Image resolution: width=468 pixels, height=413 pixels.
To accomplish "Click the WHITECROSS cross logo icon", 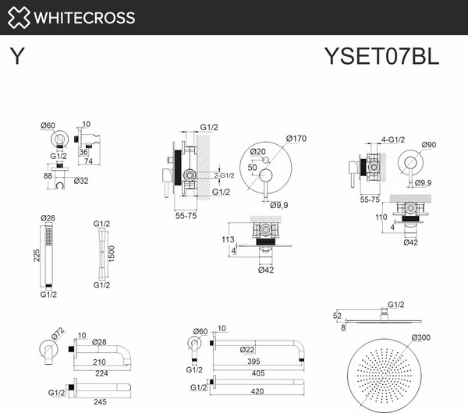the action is (19, 18).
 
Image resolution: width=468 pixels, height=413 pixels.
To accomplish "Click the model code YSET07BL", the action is (381, 56).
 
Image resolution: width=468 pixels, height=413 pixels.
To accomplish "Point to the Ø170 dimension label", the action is (296, 139).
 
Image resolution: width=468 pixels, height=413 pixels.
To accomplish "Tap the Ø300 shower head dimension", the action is (421, 337).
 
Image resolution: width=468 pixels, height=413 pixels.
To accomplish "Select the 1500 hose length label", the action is (112, 254).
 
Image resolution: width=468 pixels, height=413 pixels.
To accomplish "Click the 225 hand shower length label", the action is (37, 256).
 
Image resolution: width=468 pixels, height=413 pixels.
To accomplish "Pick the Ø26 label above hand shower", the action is (48, 218).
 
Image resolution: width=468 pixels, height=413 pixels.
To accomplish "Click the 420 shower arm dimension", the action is (257, 391).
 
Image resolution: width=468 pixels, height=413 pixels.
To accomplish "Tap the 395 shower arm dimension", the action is (254, 362).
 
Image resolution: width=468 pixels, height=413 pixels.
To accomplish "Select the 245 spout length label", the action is (100, 402).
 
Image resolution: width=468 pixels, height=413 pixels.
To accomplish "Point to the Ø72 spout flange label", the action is (58, 334).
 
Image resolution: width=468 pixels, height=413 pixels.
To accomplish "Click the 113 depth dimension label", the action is (228, 239).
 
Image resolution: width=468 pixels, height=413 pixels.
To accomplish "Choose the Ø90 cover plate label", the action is (429, 145).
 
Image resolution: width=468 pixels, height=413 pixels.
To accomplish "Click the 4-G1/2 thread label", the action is (393, 139).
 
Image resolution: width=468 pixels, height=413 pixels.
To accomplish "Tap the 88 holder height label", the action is (48, 176).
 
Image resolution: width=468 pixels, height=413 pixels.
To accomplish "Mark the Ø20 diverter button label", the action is (257, 152).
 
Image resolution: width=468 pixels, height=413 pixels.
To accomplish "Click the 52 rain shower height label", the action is (337, 316).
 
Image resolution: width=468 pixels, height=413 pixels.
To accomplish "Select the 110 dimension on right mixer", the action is (381, 217).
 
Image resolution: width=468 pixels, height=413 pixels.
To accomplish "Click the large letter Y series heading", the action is (17, 56).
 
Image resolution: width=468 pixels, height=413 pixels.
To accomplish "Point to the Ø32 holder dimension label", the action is (81, 181).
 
